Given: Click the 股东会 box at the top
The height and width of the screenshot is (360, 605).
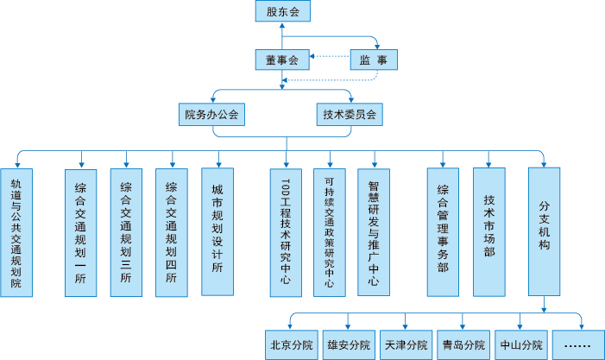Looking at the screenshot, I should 282,11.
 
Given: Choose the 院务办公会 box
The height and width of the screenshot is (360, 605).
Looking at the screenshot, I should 210,114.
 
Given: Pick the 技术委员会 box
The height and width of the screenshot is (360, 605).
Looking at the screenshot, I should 350,114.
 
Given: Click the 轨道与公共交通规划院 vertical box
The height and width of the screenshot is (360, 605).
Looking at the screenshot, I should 16,233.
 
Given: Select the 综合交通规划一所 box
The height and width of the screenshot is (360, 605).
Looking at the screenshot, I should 81,233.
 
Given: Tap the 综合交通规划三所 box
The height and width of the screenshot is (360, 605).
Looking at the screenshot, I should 126,233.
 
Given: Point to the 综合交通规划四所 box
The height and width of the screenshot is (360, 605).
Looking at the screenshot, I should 171,233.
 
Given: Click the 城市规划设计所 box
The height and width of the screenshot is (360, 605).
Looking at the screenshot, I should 217,233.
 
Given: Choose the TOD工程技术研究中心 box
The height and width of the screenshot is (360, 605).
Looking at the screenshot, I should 286,233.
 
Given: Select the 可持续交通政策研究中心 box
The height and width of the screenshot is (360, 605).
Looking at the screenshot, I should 329,233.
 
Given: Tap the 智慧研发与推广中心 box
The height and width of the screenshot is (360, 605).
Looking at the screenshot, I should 374,233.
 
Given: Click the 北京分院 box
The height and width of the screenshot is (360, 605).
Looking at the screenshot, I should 291,344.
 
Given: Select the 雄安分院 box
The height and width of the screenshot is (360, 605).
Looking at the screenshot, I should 349,344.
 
